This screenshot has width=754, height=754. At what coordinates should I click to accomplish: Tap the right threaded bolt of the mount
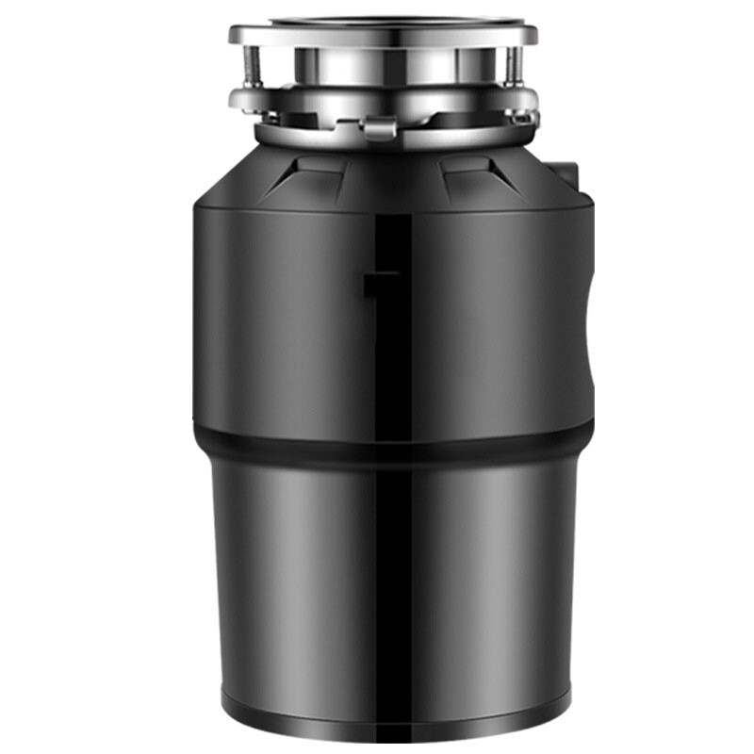(x=511, y=67)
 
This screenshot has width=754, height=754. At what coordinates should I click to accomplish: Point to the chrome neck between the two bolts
(x=382, y=66)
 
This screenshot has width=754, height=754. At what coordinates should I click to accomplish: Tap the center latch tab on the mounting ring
(x=380, y=123)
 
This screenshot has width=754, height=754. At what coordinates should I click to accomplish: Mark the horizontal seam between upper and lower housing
(x=283, y=435)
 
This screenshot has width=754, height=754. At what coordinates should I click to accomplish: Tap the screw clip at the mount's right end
(x=520, y=117)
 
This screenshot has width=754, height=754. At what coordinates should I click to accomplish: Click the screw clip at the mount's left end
(x=247, y=117)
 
